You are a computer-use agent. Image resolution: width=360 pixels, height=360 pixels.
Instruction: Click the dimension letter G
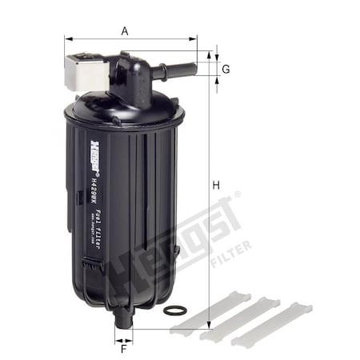(x=226, y=70)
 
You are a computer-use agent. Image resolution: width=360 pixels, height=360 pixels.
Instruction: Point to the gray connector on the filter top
(x=84, y=70)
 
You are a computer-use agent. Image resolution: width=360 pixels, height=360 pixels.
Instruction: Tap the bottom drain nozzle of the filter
(x=122, y=319)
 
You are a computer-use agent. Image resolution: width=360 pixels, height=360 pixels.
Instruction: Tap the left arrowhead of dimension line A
(x=67, y=38)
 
